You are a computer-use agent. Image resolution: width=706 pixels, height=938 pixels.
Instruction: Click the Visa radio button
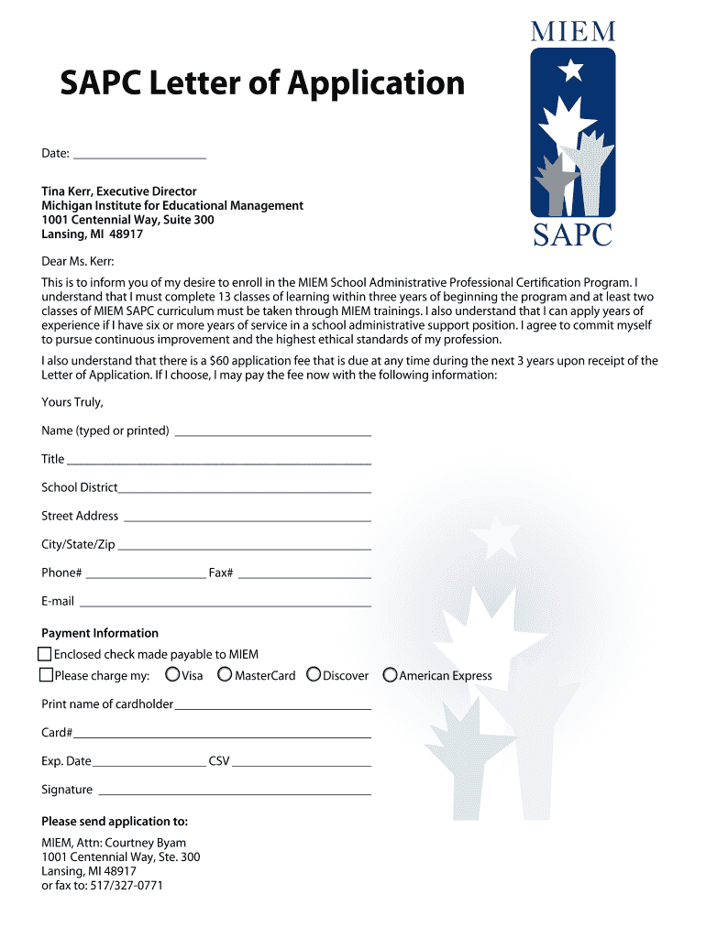pyautogui.click(x=172, y=675)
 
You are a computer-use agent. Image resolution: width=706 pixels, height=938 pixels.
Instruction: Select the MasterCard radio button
pyautogui.click(x=225, y=675)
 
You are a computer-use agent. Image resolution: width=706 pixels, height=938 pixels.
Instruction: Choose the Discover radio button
pyautogui.click(x=314, y=675)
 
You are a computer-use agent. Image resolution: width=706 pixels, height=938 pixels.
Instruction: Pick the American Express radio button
pyautogui.click(x=390, y=675)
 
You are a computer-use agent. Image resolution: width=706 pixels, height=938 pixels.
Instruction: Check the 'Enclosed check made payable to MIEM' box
pyautogui.click(x=45, y=654)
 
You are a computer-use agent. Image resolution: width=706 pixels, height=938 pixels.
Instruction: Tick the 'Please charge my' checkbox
pyautogui.click(x=46, y=675)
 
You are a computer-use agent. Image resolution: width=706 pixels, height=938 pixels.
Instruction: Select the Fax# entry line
pyautogui.click(x=304, y=576)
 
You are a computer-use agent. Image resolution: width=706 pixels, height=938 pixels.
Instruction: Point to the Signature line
pyautogui.click(x=234, y=792)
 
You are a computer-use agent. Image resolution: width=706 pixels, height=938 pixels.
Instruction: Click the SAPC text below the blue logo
pyautogui.click(x=572, y=235)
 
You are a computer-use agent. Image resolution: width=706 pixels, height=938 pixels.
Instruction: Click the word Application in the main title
pyautogui.click(x=376, y=83)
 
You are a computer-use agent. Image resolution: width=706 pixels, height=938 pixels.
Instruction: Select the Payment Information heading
pyautogui.click(x=100, y=633)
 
